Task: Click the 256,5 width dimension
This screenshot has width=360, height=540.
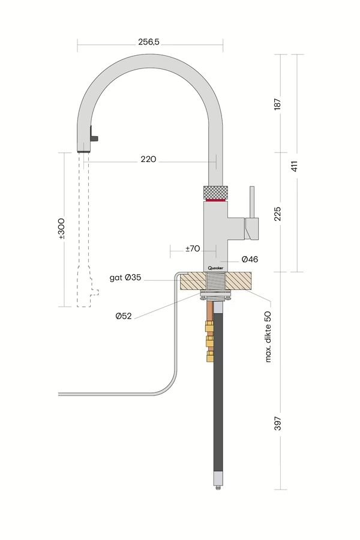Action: tap(150, 42)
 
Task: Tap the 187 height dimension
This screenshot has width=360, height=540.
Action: tap(277, 103)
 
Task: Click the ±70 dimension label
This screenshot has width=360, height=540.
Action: tap(192, 248)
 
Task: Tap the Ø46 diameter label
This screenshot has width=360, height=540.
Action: tap(250, 259)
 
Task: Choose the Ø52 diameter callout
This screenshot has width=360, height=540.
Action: tap(124, 316)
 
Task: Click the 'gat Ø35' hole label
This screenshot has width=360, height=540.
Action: tap(127, 278)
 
